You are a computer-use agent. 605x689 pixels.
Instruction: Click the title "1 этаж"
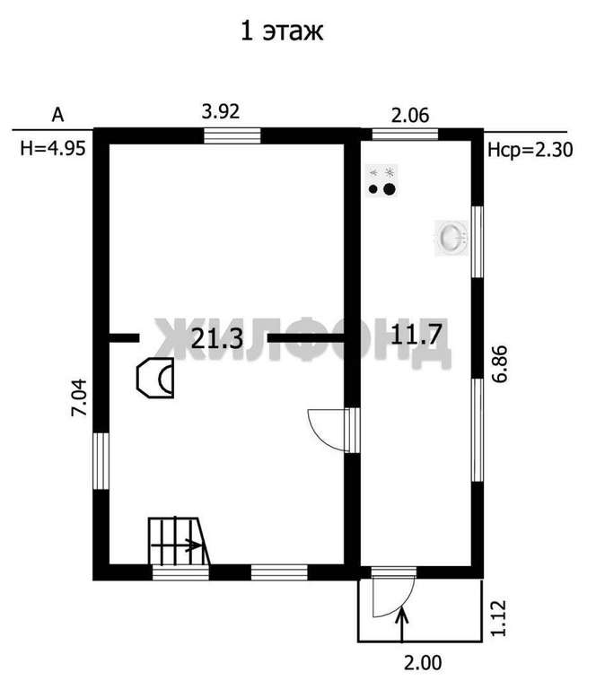282,31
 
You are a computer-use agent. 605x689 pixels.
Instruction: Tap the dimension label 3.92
221,111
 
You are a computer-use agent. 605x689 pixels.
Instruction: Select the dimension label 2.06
410,115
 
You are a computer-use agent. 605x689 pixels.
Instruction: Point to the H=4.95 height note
53,149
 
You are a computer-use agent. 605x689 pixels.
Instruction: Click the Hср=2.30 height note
530,151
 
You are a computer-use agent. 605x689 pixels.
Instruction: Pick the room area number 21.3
217,339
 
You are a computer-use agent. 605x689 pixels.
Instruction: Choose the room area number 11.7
416,335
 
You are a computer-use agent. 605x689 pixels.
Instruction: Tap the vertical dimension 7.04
81,397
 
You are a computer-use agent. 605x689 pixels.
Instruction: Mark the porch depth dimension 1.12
498,618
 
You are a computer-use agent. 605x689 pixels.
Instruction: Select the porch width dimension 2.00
423,663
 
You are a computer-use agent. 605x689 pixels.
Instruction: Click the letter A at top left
58,115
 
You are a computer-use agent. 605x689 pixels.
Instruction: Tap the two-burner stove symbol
381,181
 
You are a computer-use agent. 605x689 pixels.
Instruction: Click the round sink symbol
452,238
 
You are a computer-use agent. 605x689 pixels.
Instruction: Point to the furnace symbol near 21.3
155,378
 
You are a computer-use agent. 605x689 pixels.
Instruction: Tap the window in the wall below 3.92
232,135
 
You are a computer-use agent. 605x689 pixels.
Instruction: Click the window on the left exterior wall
101,461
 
